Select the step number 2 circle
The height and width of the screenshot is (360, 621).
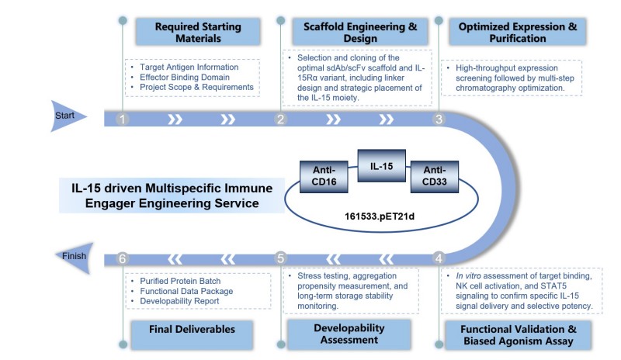pos(280,119)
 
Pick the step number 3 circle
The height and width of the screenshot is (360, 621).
pos(439,119)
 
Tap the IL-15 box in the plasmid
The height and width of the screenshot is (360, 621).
pos(380,165)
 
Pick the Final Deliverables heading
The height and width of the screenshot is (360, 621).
pos(193,330)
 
